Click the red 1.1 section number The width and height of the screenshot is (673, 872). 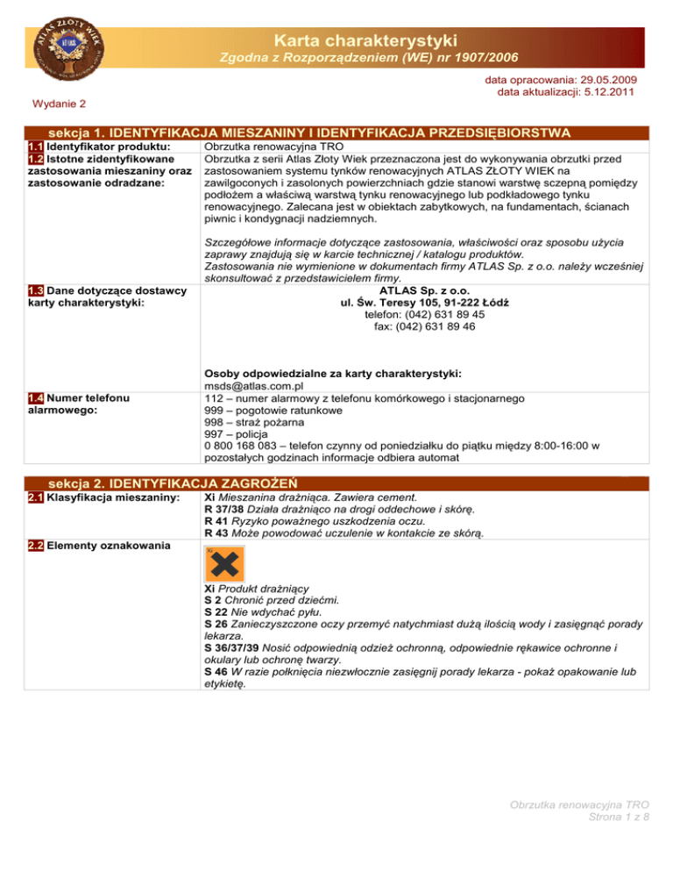point(36,146)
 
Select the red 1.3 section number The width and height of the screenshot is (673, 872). point(36,291)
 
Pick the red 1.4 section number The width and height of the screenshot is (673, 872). point(36,398)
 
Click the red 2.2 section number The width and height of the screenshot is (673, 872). point(36,546)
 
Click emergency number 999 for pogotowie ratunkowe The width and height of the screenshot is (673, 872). point(213,411)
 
